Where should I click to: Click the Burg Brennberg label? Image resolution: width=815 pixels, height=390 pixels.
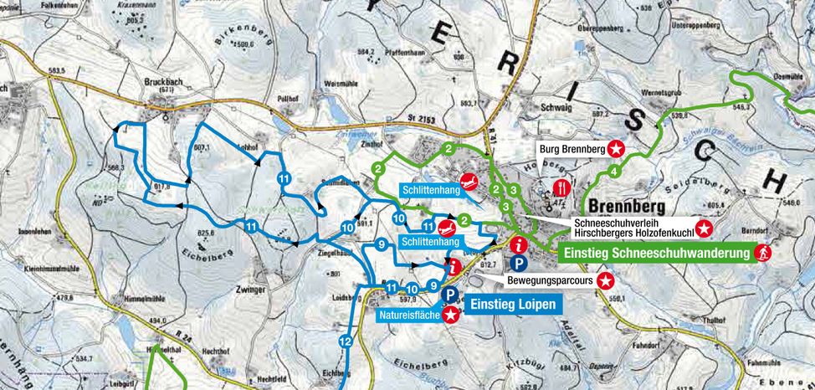pyautogui.click(x=571, y=150)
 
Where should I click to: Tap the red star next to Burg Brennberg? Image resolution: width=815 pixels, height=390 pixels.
pyautogui.click(x=616, y=150)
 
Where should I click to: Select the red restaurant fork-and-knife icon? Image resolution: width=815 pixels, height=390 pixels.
pyautogui.click(x=562, y=187)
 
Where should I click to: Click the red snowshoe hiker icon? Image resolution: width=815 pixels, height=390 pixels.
pyautogui.click(x=762, y=252)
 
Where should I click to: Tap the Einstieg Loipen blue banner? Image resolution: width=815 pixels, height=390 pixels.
pyautogui.click(x=510, y=305)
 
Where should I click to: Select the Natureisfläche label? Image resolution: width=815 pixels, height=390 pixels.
pyautogui.click(x=410, y=316)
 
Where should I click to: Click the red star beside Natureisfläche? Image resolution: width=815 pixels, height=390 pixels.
pyautogui.click(x=452, y=316)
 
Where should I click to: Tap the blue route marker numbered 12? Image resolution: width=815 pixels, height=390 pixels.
pyautogui.click(x=345, y=341)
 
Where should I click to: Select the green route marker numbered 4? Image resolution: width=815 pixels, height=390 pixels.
pyautogui.click(x=613, y=172)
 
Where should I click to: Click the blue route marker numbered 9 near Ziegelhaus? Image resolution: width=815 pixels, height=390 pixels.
pyautogui.click(x=381, y=244)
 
